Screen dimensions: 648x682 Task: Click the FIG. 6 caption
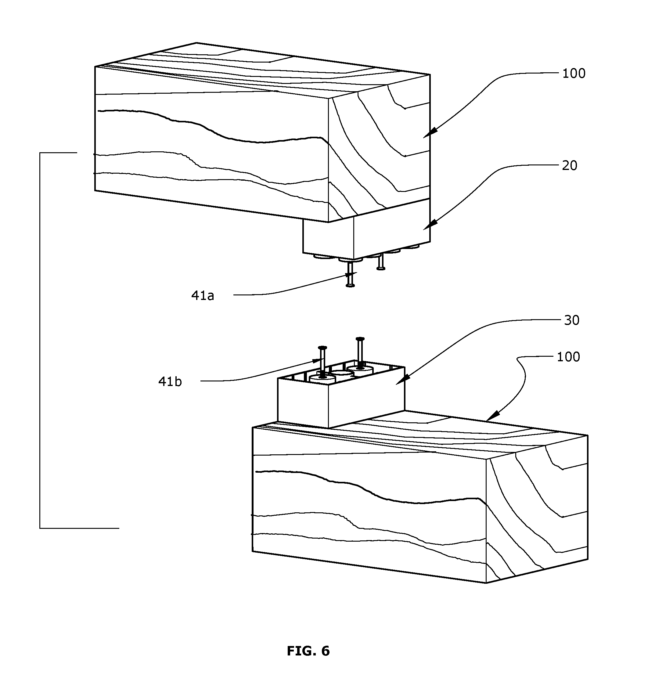click(308, 651)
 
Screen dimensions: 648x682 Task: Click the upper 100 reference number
click(574, 74)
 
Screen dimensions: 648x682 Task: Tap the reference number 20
click(570, 166)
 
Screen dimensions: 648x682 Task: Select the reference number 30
click(572, 321)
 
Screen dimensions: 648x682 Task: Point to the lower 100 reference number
click(568, 357)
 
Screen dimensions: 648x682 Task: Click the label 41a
click(203, 296)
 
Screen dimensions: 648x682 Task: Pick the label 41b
click(170, 382)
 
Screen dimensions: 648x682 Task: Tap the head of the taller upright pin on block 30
click(360, 339)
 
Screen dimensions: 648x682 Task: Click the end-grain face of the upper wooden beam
click(379, 149)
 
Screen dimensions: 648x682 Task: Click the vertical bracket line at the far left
click(40, 340)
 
